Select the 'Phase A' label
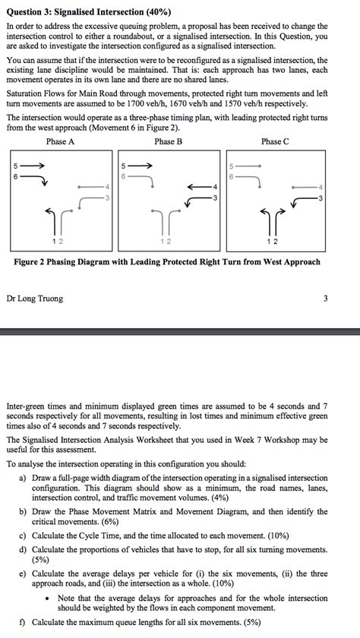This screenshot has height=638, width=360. coord(60,142)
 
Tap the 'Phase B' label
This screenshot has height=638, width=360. coord(168,142)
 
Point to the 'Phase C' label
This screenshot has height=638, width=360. coord(275,142)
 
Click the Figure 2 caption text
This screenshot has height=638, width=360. coord(168,262)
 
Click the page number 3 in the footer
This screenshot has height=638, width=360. coord(325,298)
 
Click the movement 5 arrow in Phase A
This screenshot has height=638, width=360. coord(35,166)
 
